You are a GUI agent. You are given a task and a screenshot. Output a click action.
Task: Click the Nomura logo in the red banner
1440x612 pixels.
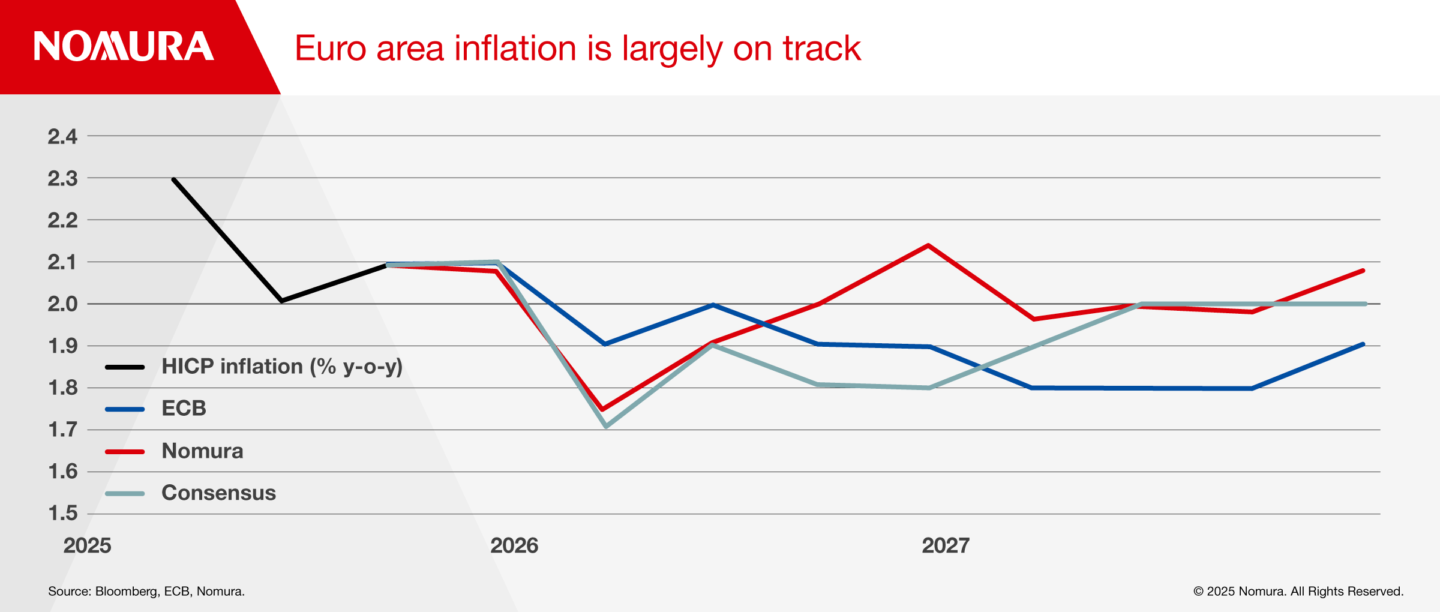124,47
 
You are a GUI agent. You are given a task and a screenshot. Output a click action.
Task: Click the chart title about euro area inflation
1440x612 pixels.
577,49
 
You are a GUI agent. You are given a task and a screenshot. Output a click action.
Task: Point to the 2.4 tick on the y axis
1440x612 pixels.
62,137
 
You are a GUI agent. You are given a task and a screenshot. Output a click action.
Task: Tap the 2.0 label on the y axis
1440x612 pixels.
62,304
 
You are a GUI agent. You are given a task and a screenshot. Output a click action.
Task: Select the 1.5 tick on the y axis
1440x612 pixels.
62,514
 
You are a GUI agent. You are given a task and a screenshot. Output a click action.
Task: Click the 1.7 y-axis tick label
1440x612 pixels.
62,430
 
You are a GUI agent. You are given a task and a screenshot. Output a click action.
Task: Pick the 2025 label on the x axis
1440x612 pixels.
88,545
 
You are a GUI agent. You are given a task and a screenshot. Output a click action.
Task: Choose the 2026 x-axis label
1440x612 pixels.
514,545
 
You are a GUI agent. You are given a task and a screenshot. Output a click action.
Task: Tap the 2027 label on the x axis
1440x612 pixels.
946,545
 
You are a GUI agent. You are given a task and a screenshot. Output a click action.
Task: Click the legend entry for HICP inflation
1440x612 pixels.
282,367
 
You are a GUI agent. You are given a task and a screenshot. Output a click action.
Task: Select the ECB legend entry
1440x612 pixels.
184,409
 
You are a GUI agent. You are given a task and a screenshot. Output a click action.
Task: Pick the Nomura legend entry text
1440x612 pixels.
202,451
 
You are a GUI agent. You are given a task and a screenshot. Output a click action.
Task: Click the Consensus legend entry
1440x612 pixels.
218,493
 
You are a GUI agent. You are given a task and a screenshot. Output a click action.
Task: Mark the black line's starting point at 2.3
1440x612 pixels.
173,179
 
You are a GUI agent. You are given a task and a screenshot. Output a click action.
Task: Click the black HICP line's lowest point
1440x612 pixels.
281,301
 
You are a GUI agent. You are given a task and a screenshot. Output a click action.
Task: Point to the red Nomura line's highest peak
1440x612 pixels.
928,245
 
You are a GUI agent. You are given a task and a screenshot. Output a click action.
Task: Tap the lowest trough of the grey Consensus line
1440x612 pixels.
606,426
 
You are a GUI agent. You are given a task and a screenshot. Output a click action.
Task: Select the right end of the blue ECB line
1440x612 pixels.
1363,344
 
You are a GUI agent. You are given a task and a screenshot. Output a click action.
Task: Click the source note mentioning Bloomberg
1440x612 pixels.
146,592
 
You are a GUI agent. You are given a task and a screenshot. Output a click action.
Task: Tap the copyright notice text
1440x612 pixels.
1298,592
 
